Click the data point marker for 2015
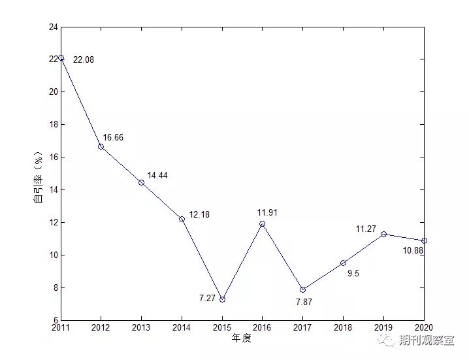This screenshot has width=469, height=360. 222,299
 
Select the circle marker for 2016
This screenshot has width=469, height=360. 263,223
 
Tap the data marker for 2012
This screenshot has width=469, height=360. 101,146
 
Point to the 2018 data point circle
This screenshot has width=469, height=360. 343,263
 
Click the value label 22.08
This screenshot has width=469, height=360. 84,59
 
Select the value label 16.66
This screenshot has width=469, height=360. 113,138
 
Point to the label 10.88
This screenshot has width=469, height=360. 413,251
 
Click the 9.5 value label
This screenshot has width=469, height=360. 353,274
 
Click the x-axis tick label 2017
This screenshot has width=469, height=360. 302,327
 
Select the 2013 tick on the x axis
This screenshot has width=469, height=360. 141,327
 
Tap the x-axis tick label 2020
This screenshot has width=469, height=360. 423,327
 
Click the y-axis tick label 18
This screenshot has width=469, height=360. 52,124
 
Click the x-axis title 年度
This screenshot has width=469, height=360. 242,338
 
